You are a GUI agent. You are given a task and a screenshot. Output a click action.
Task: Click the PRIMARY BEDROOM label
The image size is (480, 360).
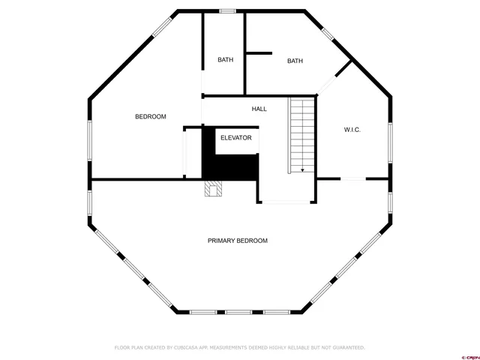pyautogui.click(x=237, y=241)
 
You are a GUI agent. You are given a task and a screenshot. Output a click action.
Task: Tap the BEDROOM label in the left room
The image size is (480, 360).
pyautogui.click(x=150, y=117)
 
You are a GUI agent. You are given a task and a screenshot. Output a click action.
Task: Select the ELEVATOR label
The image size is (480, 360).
pyautogui.click(x=235, y=138)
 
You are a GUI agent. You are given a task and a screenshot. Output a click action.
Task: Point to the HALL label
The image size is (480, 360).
pyautogui.click(x=259, y=109)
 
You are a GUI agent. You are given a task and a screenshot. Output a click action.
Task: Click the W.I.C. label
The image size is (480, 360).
pyautogui.click(x=352, y=130)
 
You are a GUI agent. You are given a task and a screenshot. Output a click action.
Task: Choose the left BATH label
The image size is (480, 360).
pyautogui.click(x=225, y=60)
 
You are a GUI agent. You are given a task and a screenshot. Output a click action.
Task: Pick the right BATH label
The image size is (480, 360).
pyautogui.click(x=295, y=61)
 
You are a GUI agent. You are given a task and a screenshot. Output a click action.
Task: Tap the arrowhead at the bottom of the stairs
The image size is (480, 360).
pyautogui.click(x=302, y=170)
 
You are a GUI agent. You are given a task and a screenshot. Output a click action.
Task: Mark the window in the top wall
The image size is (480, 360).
pyautogui.click(x=226, y=11)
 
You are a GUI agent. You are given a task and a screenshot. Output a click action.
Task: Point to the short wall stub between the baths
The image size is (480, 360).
pyautogui.click(x=259, y=53)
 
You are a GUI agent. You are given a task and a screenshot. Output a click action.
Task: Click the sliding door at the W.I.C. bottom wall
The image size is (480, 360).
pyautogui.click(x=352, y=178)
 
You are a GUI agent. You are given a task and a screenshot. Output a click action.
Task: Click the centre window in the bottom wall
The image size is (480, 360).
pyautogui.click(x=239, y=311)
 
